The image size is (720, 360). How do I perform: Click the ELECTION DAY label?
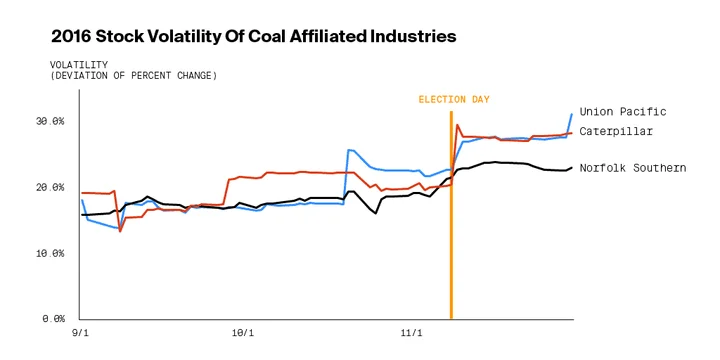click(x=454, y=99)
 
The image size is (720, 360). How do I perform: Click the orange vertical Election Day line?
click(x=451, y=215)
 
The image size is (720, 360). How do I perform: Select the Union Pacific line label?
click(x=623, y=112)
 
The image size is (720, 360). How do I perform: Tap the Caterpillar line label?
click(x=616, y=131)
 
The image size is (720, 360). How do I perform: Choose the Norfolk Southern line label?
click(x=633, y=168)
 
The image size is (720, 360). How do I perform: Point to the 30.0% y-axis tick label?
click(x=49, y=122)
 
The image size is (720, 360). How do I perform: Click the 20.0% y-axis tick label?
click(x=49, y=188)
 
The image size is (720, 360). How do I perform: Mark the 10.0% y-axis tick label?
click(x=49, y=253)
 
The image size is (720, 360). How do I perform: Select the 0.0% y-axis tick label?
click(x=52, y=318)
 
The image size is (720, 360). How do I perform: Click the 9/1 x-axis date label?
click(x=81, y=333)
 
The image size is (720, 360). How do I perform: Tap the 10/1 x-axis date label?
click(x=243, y=333)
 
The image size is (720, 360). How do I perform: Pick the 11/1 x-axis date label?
click(x=411, y=333)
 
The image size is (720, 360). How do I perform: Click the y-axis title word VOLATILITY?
click(x=79, y=65)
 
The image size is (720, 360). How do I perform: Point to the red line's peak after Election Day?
click(x=457, y=124)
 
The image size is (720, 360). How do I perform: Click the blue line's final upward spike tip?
click(x=572, y=114)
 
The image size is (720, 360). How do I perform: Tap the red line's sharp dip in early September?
click(x=120, y=231)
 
